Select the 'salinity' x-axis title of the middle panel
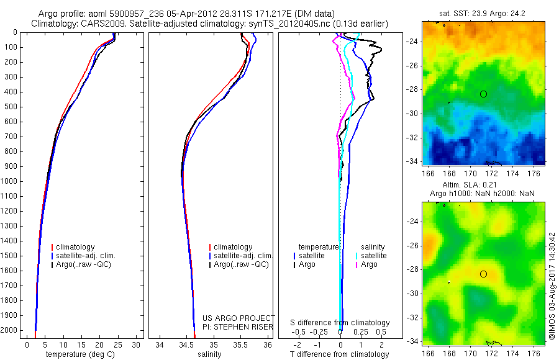coord(209,354)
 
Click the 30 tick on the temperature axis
coord(136,345)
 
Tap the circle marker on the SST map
coord(483,94)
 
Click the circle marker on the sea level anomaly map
coord(483,274)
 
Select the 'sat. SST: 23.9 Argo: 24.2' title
coord(484,13)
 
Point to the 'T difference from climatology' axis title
coord(340,354)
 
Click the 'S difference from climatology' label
coord(340,323)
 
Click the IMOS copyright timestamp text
coord(552,286)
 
